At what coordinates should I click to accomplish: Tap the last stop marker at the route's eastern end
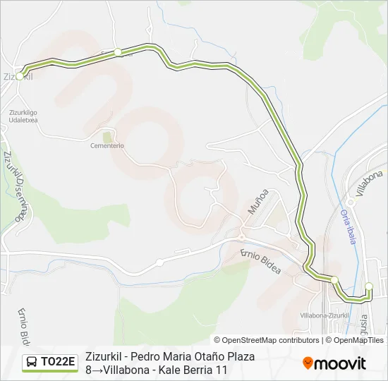pyautogui.click(x=368, y=286)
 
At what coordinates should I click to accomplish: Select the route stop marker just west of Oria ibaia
pyautogui.click(x=335, y=279)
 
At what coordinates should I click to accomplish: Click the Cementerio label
pyautogui.click(x=107, y=146)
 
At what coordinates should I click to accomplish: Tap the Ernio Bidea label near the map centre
pyautogui.click(x=260, y=261)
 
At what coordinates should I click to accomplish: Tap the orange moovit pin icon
pyautogui.click(x=308, y=363)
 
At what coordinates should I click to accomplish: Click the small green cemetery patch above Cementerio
pyautogui.click(x=107, y=135)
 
